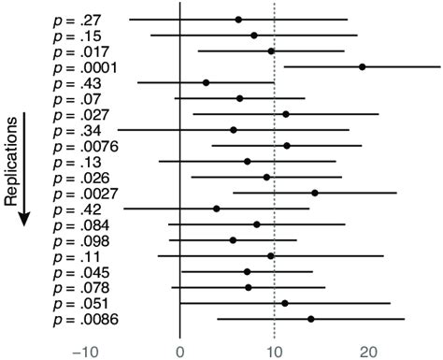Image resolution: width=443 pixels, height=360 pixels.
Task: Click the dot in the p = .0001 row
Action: coord(362,66)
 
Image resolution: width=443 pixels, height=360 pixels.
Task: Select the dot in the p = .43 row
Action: coord(206,82)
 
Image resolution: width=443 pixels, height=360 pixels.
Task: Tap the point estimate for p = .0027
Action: coord(314,193)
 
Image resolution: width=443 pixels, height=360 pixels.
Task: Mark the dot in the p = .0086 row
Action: coord(310,320)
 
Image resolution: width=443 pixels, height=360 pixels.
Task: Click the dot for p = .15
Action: coord(253,35)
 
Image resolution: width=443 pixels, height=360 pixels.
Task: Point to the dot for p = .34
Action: coord(233,130)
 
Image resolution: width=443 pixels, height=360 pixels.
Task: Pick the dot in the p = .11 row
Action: coord(271,255)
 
